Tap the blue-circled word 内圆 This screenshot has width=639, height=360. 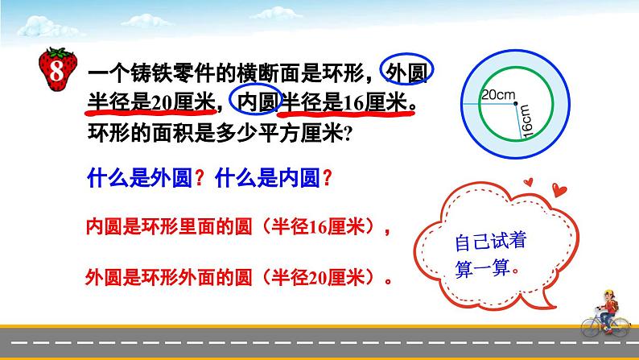pyautogui.click(x=256, y=102)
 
